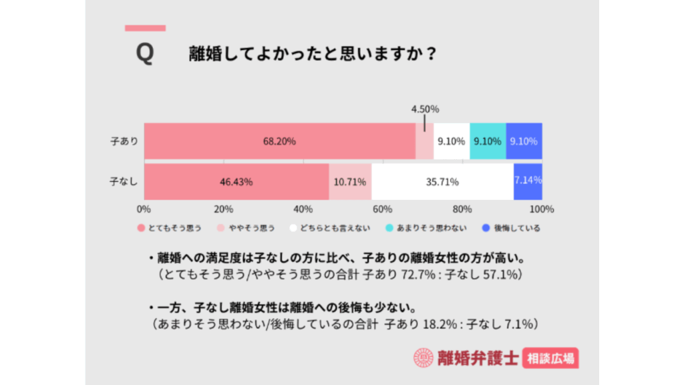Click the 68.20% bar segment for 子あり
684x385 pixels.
(x=279, y=141)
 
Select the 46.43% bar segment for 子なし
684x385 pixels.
(x=236, y=181)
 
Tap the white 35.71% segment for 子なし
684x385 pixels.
(x=442, y=181)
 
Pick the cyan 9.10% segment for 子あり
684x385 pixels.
(x=488, y=141)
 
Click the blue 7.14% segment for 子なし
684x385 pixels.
(x=528, y=181)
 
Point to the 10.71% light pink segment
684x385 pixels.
(x=350, y=181)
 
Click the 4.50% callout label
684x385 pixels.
(x=425, y=110)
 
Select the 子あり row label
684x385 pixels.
(x=124, y=141)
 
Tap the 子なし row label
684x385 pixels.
(x=124, y=181)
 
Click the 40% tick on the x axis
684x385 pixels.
(x=303, y=209)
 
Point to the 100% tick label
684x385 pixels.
(x=541, y=209)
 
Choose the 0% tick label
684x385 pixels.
(x=144, y=209)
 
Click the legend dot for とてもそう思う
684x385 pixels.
(x=141, y=228)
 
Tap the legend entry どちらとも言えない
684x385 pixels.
(x=333, y=228)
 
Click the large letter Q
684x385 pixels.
(x=144, y=54)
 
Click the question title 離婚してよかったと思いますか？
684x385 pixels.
(x=313, y=53)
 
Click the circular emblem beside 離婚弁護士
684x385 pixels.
(x=423, y=359)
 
